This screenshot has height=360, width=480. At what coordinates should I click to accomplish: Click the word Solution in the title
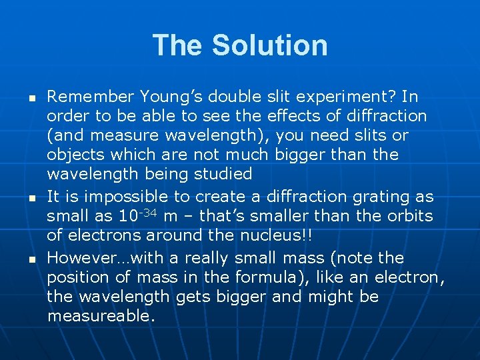click(269, 45)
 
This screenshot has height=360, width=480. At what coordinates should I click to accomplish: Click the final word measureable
click(101, 316)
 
